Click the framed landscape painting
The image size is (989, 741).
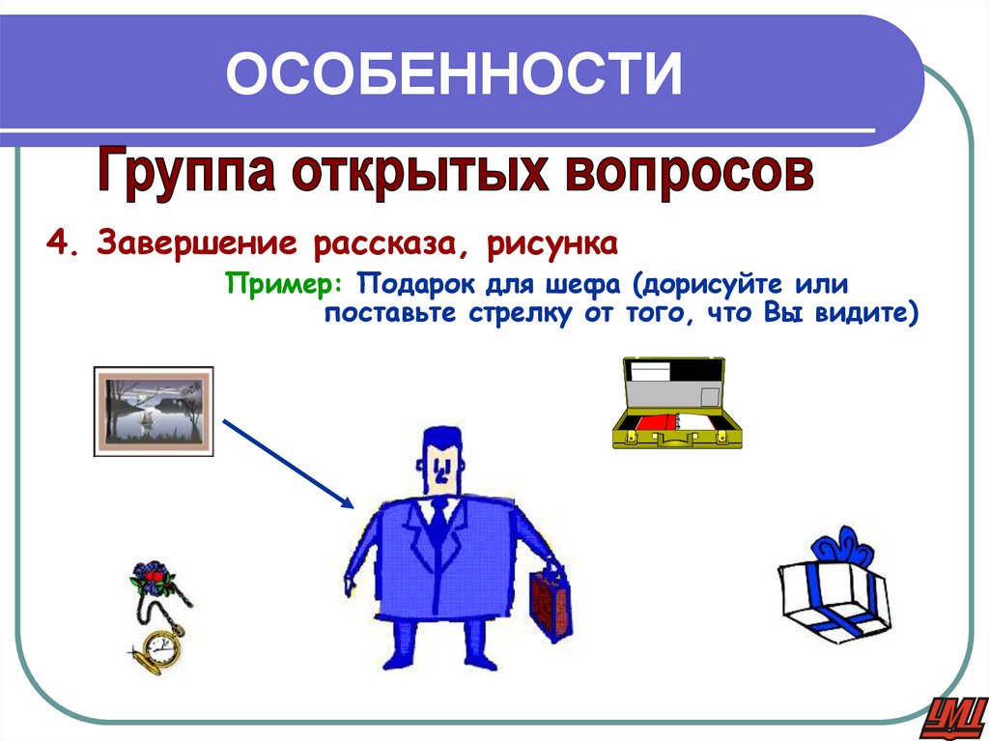153,411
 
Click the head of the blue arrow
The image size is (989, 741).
347,501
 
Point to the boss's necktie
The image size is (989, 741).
438,523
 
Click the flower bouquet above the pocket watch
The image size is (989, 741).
152,579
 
